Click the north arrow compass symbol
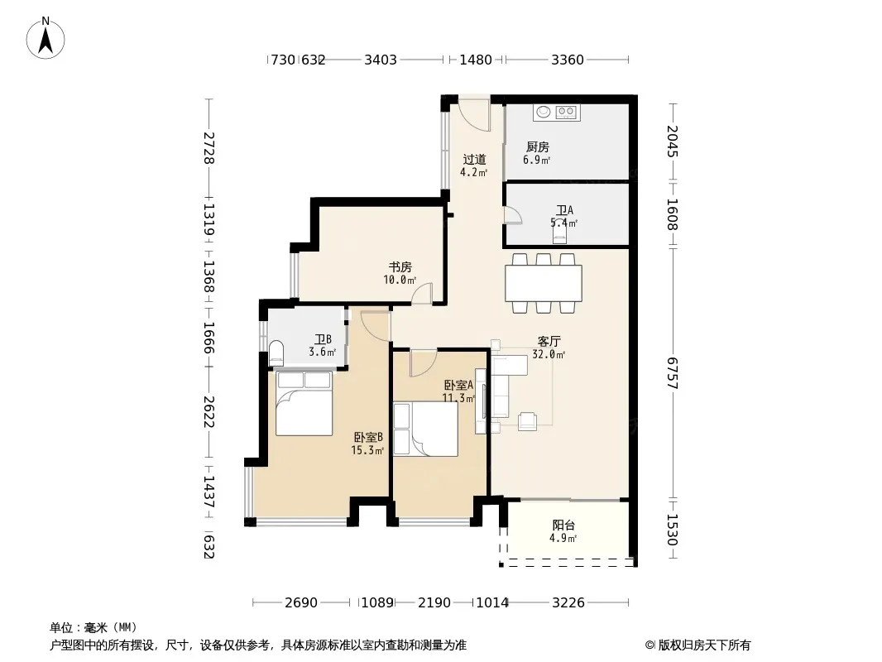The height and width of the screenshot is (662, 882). (x=46, y=38)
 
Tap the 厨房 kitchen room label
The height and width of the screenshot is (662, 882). (x=537, y=146)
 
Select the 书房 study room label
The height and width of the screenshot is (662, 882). (x=400, y=266)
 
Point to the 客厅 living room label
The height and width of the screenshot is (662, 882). (x=549, y=342)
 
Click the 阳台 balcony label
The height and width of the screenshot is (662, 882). (x=563, y=525)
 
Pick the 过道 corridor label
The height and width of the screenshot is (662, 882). (x=474, y=160)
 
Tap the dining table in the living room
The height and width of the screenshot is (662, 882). (x=544, y=283)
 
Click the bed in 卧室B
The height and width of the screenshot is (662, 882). (x=304, y=403)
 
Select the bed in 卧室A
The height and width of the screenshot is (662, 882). (x=425, y=429)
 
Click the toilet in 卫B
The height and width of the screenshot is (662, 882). (x=276, y=353)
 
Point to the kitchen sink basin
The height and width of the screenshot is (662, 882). (x=544, y=112)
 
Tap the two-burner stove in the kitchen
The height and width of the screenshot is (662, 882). (x=567, y=113)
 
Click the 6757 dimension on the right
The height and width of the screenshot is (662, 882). (x=673, y=373)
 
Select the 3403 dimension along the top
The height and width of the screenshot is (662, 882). (x=381, y=60)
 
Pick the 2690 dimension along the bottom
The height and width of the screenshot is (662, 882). (x=301, y=603)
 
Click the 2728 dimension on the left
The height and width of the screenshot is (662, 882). (x=209, y=148)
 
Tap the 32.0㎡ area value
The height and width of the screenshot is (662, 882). (x=549, y=354)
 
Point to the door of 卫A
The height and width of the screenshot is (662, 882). (x=513, y=215)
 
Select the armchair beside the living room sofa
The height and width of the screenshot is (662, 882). (x=527, y=421)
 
